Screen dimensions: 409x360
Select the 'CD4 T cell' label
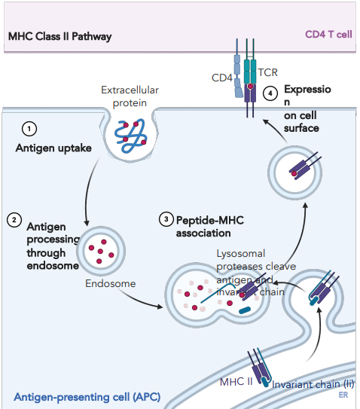328,35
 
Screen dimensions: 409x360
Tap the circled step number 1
29,128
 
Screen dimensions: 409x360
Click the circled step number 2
14,220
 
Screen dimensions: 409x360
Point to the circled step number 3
166,219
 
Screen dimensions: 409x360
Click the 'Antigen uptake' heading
53,148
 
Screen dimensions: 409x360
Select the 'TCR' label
267,73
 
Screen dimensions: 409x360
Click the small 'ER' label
343,394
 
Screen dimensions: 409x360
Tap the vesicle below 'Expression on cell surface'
296,170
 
